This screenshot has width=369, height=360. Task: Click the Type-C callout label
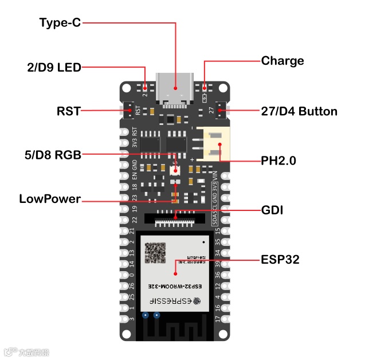click(60, 23)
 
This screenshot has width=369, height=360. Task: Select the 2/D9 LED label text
click(54, 67)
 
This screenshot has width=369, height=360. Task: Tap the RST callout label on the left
click(68, 110)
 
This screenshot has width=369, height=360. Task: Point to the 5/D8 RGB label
click(52, 154)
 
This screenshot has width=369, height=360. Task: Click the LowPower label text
click(50, 199)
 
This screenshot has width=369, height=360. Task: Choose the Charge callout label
click(282, 61)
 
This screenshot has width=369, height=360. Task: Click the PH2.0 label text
click(278, 161)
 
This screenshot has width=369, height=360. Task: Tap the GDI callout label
click(273, 210)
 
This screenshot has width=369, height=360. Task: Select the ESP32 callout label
click(280, 260)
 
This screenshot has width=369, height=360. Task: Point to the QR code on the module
click(155, 253)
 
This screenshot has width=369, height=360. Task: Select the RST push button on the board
click(128, 110)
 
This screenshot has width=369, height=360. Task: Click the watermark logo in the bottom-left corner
click(26, 351)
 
